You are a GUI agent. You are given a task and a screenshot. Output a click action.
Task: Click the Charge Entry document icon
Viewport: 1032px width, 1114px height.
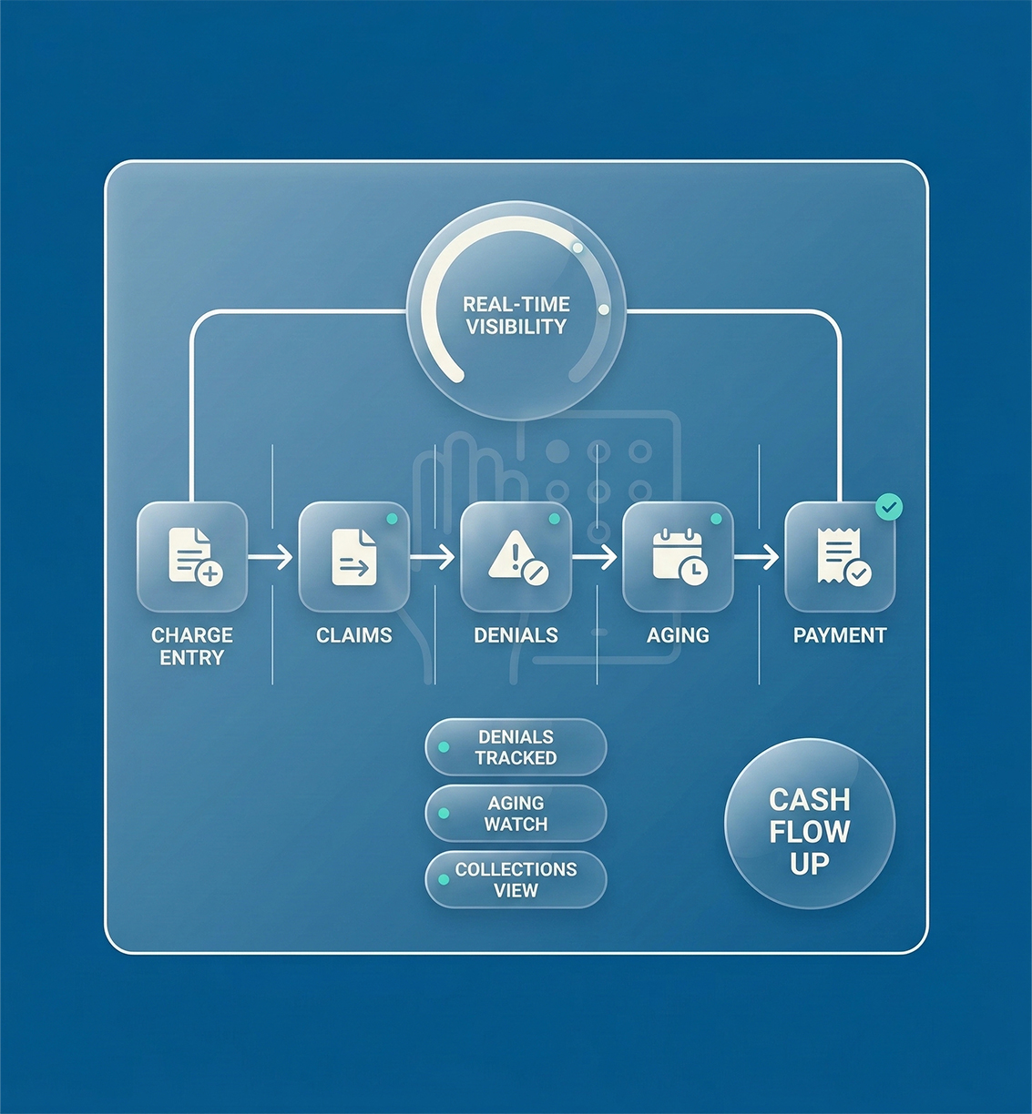tap(194, 556)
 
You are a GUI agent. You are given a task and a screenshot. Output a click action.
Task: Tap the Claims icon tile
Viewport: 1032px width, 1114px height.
tap(354, 556)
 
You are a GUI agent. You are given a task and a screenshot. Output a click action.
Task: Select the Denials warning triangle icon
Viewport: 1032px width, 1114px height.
tap(516, 556)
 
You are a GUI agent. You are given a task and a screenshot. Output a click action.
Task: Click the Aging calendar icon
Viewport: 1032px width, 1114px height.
tap(679, 556)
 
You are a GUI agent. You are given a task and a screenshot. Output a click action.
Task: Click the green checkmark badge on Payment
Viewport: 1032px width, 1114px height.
tap(889, 507)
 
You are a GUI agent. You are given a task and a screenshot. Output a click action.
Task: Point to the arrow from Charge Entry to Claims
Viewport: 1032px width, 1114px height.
tap(271, 556)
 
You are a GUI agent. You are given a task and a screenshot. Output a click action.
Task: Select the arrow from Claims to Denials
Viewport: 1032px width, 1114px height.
tap(434, 556)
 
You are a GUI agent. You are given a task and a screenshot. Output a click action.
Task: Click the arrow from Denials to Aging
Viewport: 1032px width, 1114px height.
tap(596, 556)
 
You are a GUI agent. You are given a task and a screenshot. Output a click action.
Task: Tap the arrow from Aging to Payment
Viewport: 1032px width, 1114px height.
tap(758, 556)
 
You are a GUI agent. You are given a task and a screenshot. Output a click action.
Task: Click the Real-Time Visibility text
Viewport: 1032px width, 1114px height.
tap(516, 316)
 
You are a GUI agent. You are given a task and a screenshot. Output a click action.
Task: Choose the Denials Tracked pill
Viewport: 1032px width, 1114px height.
tap(516, 747)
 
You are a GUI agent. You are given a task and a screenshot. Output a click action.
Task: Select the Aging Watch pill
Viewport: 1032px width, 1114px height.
tap(516, 814)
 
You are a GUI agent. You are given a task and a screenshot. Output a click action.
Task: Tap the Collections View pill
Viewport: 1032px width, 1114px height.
tap(516, 880)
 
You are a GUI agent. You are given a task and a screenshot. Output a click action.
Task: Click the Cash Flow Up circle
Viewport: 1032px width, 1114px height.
tap(810, 824)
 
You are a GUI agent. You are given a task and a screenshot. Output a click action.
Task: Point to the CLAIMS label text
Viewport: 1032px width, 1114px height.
tap(354, 635)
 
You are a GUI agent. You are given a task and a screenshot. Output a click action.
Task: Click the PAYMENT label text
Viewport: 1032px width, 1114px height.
tap(840, 635)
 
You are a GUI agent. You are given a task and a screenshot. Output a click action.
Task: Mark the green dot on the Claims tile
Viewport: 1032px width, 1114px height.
tap(392, 519)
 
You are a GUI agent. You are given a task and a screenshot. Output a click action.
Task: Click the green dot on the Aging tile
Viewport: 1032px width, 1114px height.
tap(716, 519)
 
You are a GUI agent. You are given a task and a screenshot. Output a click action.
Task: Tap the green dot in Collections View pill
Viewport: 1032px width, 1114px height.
tap(444, 880)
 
